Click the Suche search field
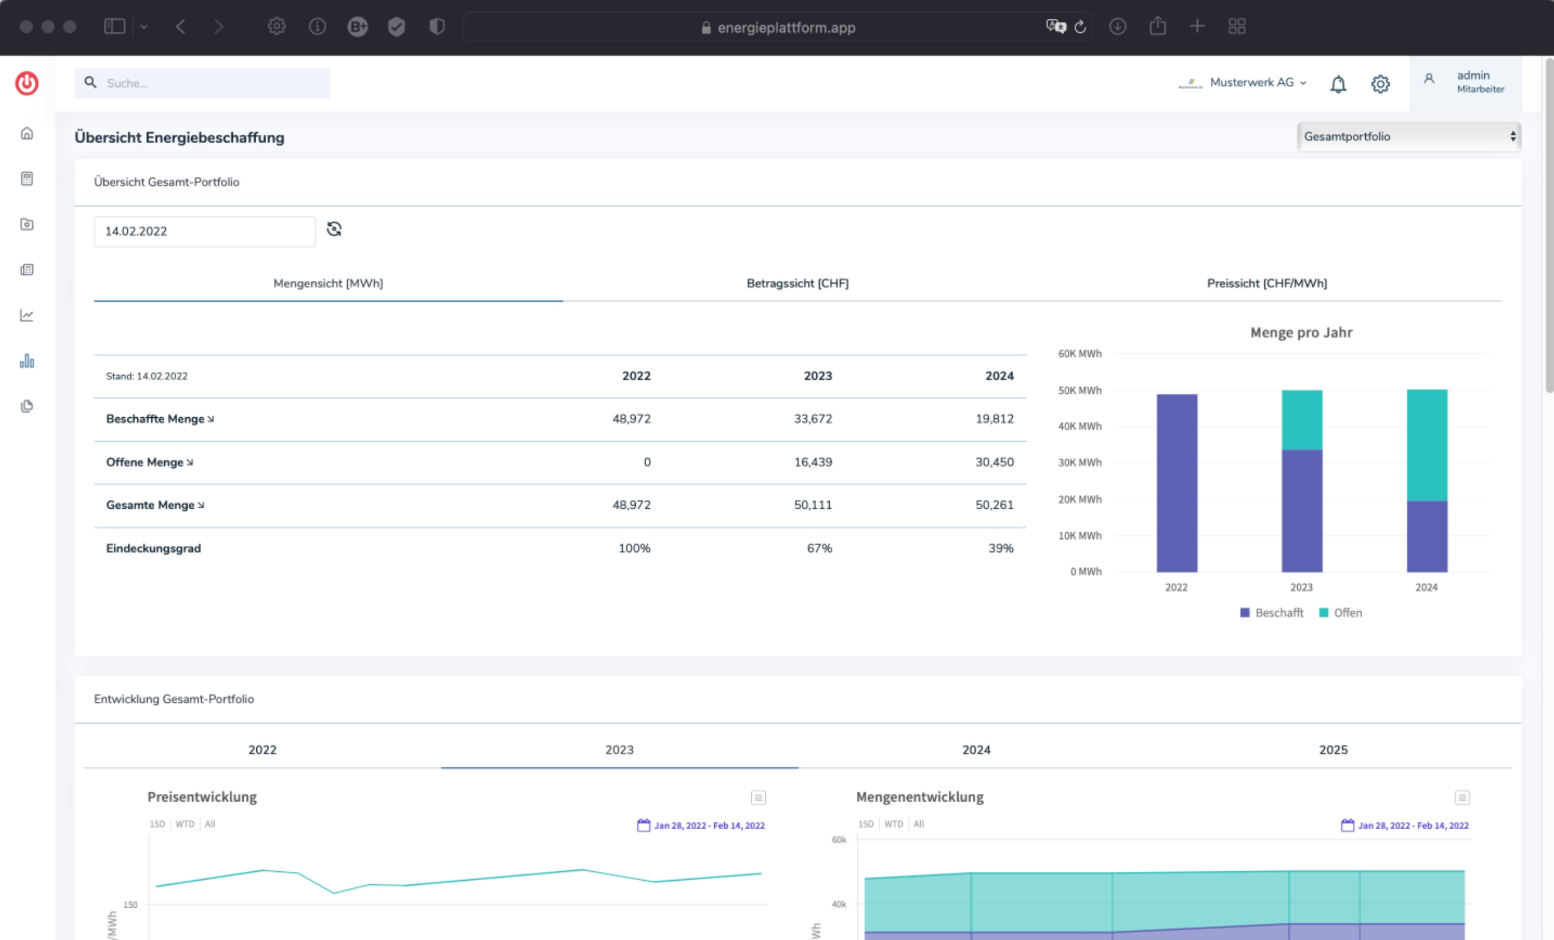(202, 83)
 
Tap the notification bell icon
(1338, 84)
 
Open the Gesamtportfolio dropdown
(1409, 136)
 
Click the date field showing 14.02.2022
(204, 232)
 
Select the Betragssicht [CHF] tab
(797, 283)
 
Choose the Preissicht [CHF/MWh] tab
(1267, 283)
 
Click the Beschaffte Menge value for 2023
(812, 419)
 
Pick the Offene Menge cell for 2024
(995, 462)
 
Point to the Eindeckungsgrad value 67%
(819, 548)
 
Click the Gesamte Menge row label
(150, 505)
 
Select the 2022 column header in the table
(636, 376)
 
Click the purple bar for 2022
(1176, 483)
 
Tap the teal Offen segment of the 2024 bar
(1427, 445)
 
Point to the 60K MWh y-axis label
(1080, 353)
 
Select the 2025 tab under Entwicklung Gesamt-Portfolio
(1333, 749)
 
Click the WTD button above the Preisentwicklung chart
(185, 824)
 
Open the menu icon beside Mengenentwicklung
(1462, 797)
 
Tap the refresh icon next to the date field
(334, 229)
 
